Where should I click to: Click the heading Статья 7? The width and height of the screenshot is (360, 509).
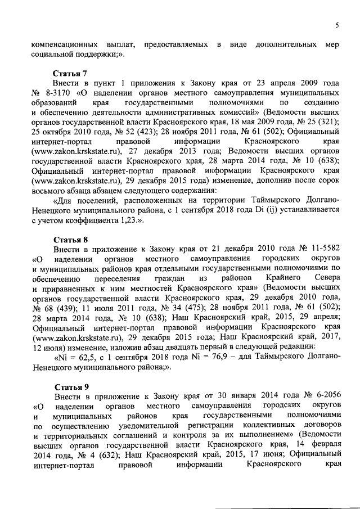pyautogui.click(x=69, y=73)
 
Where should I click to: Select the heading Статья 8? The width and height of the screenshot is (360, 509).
pyautogui.click(x=69, y=239)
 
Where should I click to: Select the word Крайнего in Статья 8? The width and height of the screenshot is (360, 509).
pyautogui.click(x=290, y=278)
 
